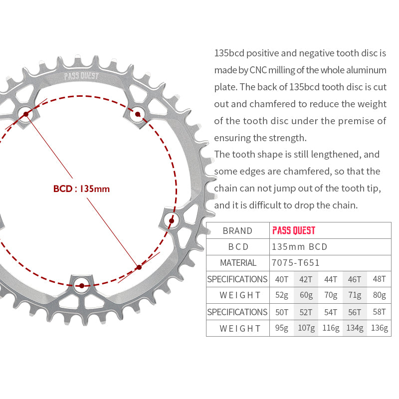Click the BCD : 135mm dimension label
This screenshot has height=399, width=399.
pos(81,189)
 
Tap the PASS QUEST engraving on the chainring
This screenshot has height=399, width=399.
pos(82,77)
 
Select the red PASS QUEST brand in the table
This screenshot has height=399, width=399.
pos(294,230)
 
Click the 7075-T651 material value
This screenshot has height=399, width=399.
pos(296,263)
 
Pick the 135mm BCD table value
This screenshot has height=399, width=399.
pos(299,247)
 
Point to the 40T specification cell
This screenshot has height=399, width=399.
pos(282,279)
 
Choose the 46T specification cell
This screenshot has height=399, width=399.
pos(355,279)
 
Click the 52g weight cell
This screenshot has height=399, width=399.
pos(282,295)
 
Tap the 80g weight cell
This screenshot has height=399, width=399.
pos(379,295)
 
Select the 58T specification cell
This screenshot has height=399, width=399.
pos(379,312)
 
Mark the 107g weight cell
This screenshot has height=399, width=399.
pos(306,328)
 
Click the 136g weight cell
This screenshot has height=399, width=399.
pos(379,328)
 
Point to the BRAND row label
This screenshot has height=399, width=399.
pos(237,230)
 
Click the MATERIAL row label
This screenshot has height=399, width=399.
pos(238,263)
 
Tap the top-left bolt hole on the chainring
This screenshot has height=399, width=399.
pos(26,114)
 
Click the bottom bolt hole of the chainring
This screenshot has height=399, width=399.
pos(82,286)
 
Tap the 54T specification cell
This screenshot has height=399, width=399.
pos(330,312)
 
